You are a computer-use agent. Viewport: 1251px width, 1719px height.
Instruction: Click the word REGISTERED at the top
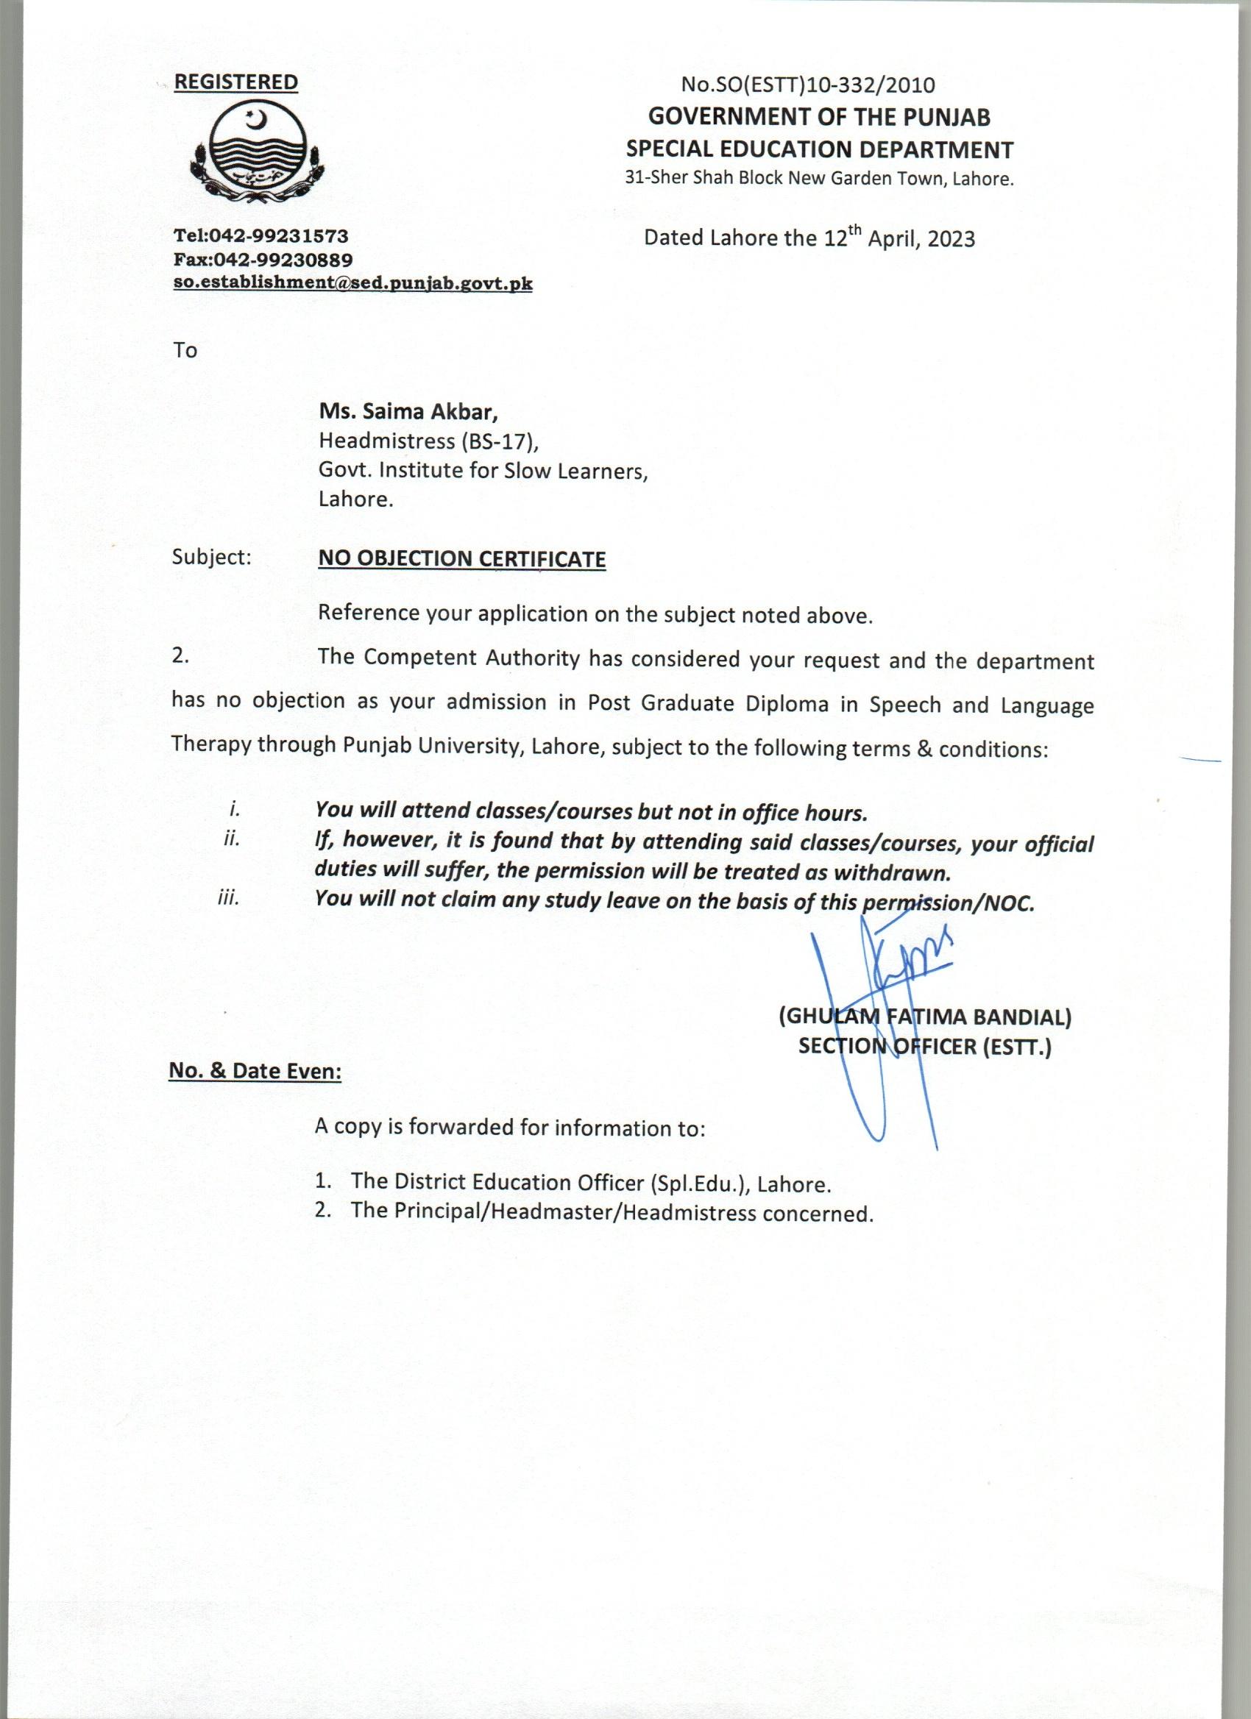[235, 82]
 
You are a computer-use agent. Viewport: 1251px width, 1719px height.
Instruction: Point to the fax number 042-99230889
[283, 260]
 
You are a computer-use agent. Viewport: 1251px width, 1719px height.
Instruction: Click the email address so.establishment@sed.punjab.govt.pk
[352, 284]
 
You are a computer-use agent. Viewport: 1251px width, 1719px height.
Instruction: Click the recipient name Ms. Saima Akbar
[408, 414]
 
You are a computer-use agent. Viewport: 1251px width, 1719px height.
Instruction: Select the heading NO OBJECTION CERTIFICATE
[461, 559]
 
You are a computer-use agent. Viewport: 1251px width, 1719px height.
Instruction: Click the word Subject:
[211, 557]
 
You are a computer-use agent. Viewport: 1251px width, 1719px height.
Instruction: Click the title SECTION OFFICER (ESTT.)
[925, 1047]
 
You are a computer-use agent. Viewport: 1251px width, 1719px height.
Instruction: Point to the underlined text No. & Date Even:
[255, 1072]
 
